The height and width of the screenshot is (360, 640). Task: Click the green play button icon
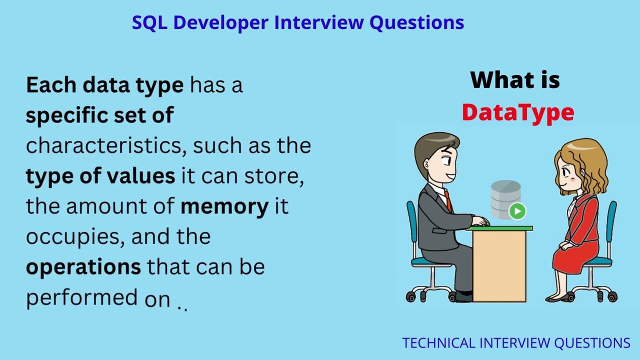click(517, 211)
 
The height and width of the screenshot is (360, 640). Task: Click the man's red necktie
click(448, 200)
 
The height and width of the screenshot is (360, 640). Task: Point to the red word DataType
click(517, 112)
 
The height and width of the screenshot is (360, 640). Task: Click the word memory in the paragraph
click(224, 206)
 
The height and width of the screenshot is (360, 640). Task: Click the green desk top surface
click(500, 228)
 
